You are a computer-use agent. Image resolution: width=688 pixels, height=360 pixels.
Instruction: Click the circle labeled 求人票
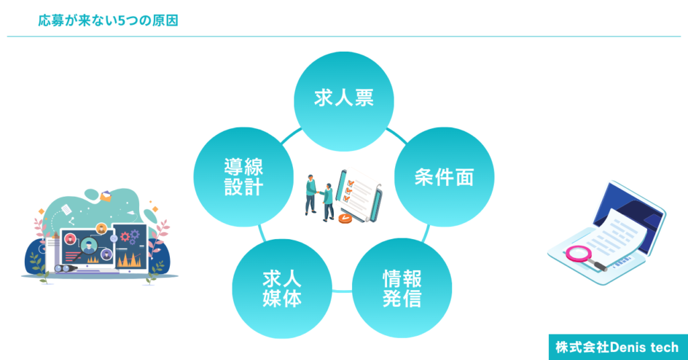(343, 101)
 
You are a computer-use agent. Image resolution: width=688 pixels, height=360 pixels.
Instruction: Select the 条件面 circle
(444, 177)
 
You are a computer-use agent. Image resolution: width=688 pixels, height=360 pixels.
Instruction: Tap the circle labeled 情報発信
(402, 288)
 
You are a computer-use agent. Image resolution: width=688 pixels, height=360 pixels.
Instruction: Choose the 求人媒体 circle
(282, 289)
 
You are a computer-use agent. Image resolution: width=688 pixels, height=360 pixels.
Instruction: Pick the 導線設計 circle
(243, 177)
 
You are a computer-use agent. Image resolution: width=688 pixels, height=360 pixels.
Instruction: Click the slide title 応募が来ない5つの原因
(108, 21)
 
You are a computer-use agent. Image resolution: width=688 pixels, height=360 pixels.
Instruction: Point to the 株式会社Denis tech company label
(617, 347)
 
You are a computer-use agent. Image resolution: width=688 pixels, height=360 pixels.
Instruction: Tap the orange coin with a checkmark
(345, 218)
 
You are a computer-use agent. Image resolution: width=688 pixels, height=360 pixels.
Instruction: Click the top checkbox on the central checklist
(351, 183)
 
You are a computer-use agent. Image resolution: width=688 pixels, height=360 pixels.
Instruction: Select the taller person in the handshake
(311, 195)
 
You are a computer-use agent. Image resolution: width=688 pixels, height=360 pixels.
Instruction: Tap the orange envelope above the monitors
(105, 196)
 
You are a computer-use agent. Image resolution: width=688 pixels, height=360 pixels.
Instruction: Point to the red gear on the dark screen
(125, 237)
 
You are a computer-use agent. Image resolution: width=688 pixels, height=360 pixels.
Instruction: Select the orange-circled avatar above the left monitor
(101, 228)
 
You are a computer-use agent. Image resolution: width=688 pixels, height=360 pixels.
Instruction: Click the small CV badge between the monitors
(114, 238)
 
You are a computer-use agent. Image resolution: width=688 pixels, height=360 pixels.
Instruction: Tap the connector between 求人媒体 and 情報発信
(342, 291)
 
